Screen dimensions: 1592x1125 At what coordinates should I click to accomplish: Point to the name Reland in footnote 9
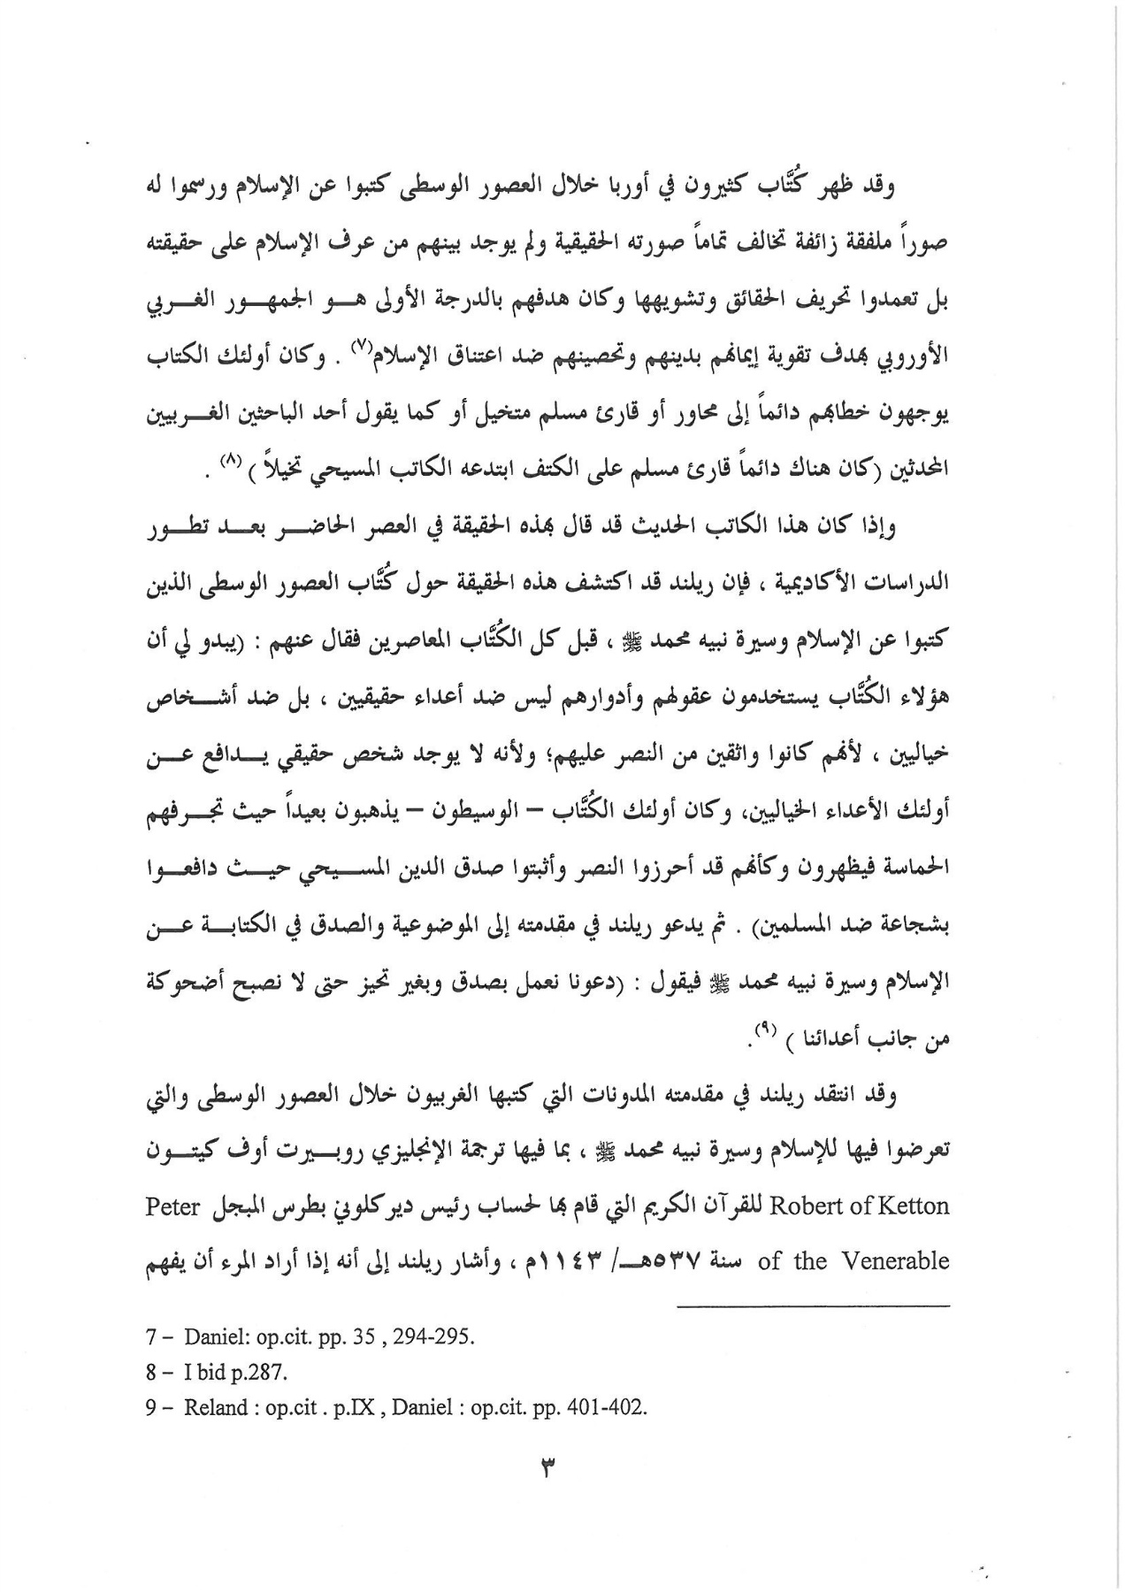click(x=213, y=1408)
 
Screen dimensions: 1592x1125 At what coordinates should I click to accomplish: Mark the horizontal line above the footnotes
click(x=814, y=1305)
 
